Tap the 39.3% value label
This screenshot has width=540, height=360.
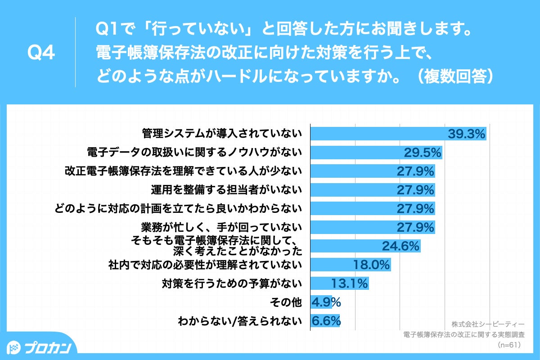tap(467, 134)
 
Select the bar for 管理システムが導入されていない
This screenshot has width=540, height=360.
tap(378, 134)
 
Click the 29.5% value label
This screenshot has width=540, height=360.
tap(422, 153)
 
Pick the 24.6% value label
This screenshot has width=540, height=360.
tap(400, 246)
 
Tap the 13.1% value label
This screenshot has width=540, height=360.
tap(350, 284)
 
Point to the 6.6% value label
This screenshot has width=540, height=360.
tap(326, 321)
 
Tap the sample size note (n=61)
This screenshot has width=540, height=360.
tap(509, 345)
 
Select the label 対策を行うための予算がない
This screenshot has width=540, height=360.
tap(231, 284)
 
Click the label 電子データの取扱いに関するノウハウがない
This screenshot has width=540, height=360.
tap(194, 153)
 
